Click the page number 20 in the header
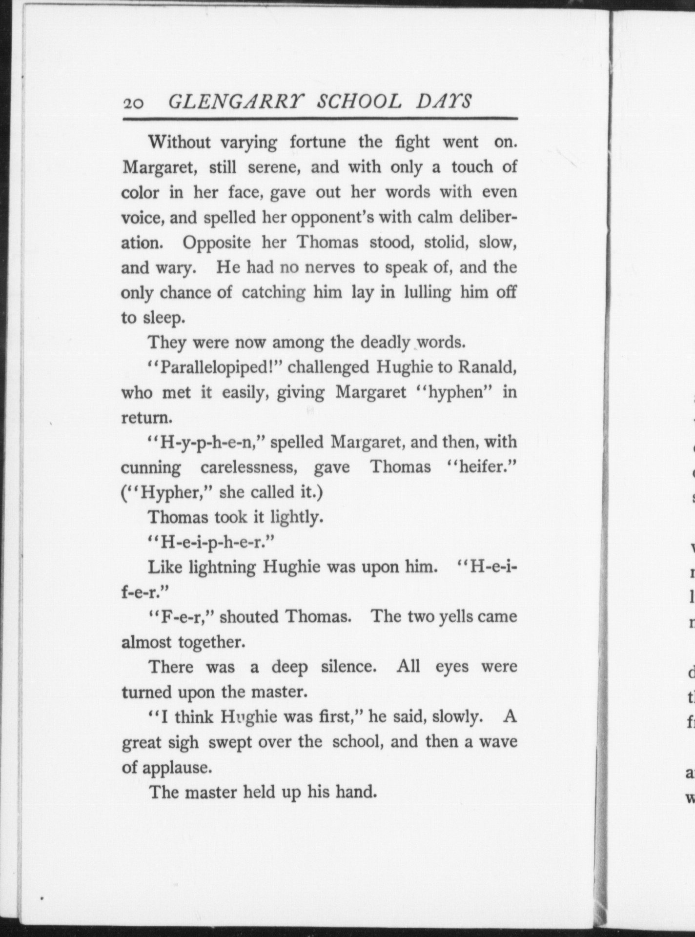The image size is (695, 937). click(132, 103)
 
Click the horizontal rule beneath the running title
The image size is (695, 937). click(320, 119)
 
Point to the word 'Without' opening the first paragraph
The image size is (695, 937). click(180, 143)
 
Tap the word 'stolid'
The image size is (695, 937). click(448, 243)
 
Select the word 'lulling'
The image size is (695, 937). click(428, 292)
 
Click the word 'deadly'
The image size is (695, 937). click(385, 343)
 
